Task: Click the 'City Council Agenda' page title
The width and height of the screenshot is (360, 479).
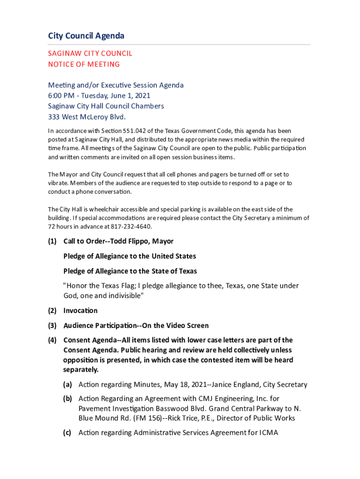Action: click(86, 36)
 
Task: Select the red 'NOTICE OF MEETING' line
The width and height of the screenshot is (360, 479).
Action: click(84, 64)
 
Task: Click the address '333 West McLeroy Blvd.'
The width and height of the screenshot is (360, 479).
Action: click(87, 116)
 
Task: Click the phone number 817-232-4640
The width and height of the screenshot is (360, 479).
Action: click(135, 226)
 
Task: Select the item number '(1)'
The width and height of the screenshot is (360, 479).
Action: click(52, 241)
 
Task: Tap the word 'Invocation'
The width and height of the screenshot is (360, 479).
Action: click(80, 311)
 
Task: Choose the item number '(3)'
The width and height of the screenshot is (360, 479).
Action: click(52, 326)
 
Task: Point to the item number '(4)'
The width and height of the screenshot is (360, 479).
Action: click(52, 340)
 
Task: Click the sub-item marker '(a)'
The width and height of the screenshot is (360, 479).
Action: click(68, 385)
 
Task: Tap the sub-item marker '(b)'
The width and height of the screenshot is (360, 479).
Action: click(68, 399)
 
